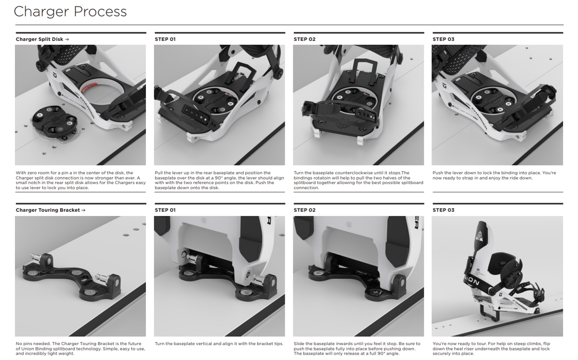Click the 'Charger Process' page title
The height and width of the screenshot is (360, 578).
tap(70, 12)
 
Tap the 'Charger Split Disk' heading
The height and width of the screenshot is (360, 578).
tap(39, 39)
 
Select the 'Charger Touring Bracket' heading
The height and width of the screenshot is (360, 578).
tap(48, 210)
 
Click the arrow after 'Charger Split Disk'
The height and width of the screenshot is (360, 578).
tap(67, 39)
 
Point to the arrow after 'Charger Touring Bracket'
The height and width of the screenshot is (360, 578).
tap(83, 210)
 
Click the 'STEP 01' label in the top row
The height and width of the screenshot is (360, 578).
tap(165, 39)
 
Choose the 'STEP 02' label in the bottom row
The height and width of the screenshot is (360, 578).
tap(304, 210)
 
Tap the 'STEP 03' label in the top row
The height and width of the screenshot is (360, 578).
tap(443, 39)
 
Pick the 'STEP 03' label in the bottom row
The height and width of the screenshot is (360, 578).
tap(443, 210)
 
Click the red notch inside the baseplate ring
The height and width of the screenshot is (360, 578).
tap(89, 88)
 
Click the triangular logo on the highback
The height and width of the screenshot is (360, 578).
tap(479, 235)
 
